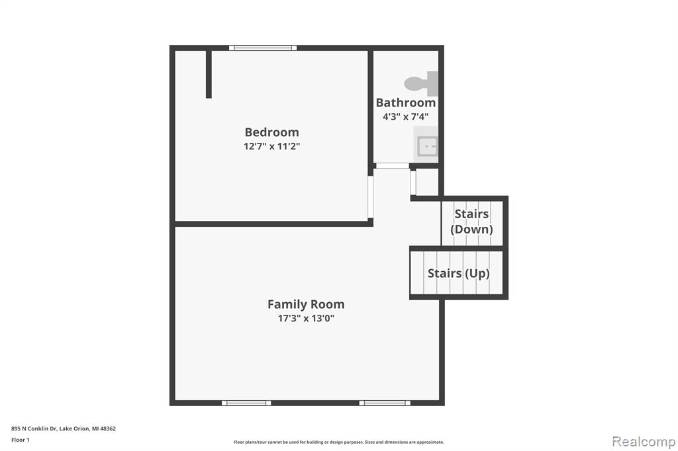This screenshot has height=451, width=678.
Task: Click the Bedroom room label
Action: pyautogui.click(x=271, y=132)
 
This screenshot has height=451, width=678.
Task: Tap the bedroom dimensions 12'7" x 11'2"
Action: pyautogui.click(x=271, y=146)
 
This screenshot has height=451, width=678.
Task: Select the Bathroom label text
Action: pyautogui.click(x=406, y=102)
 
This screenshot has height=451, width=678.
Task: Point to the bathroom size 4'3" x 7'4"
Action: pyautogui.click(x=406, y=116)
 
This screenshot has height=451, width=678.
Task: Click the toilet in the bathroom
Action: pyautogui.click(x=421, y=83)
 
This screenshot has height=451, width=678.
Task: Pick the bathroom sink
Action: pyautogui.click(x=426, y=145)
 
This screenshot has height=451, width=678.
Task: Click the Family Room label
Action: pyautogui.click(x=306, y=304)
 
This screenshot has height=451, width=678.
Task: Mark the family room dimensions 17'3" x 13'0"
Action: pyautogui.click(x=306, y=318)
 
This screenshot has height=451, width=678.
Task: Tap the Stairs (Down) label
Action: pyautogui.click(x=471, y=221)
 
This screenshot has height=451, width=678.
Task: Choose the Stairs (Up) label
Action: pyautogui.click(x=458, y=273)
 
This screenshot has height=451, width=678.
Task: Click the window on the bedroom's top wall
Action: pyautogui.click(x=263, y=48)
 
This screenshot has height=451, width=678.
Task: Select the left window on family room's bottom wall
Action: pyautogui.click(x=246, y=403)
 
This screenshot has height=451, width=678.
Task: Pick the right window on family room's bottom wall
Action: pyautogui.click(x=385, y=403)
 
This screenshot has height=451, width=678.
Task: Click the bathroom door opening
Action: pyautogui.click(x=392, y=166)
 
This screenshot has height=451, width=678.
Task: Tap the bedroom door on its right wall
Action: pyautogui.click(x=371, y=197)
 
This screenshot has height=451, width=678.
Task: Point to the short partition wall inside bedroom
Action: pyautogui.click(x=209, y=74)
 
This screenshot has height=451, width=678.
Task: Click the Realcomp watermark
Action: pyautogui.click(x=644, y=442)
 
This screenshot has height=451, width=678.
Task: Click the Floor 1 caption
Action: pyautogui.click(x=21, y=440)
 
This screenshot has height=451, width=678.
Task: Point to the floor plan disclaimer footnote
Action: pyautogui.click(x=339, y=442)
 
